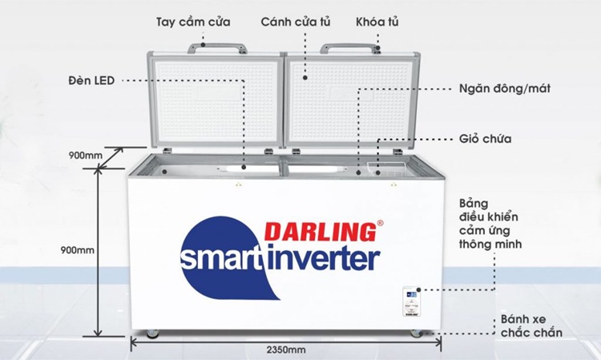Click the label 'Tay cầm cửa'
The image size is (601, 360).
point(193,22)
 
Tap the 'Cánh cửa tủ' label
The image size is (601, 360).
point(296,22)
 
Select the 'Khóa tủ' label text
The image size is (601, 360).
point(377,22)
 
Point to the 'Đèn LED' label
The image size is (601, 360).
point(91,81)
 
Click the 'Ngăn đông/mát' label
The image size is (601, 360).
point(505,88)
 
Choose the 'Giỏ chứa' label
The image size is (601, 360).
point(486,139)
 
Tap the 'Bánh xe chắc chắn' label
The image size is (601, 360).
point(531,326)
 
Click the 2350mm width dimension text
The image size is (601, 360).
point(286,350)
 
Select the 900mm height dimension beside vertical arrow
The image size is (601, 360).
point(78,250)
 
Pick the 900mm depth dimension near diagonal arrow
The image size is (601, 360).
point(86,156)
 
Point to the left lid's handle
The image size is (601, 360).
point(217,48)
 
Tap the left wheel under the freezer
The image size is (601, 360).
point(153,334)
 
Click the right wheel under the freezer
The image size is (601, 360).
point(417,334)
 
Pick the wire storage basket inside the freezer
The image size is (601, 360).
point(386,169)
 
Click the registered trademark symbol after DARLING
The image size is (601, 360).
point(380,222)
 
